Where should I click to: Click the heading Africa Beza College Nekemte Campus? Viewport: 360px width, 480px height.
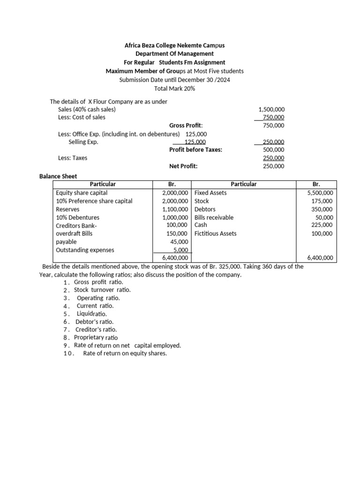point(174,45)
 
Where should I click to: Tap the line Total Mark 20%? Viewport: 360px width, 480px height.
point(174,88)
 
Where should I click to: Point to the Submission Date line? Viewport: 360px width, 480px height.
point(174,80)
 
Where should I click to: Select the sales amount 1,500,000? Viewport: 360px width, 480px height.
point(271,109)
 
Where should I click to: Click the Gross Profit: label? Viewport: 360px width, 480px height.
point(186,126)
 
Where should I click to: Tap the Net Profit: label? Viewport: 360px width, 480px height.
point(183,166)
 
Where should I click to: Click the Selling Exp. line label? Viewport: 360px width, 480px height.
point(83,142)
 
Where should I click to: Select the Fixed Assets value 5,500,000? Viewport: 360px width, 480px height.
point(320,193)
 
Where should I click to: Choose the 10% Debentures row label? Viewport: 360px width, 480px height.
point(77,217)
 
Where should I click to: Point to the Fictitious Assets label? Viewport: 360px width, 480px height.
point(215,233)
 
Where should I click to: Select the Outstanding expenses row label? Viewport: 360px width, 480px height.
point(85,250)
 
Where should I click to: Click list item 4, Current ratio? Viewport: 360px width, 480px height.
point(95,306)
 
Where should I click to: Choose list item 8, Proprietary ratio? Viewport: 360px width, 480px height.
point(96,337)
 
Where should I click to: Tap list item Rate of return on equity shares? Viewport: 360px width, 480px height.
point(125,353)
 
